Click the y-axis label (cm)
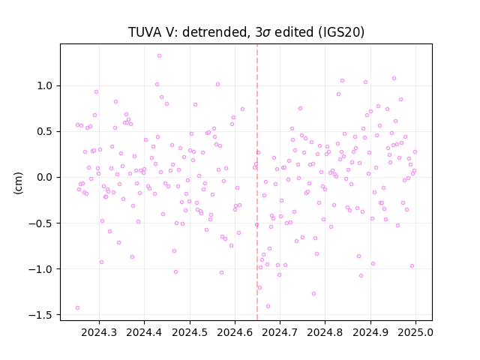(x=18, y=183)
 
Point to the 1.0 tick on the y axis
(x=45, y=85)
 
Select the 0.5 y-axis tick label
(x=45, y=132)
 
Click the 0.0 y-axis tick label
(x=45, y=177)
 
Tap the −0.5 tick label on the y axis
(x=40, y=223)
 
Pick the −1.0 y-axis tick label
(x=40, y=269)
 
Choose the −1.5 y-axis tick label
(x=40, y=315)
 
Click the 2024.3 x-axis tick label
(x=99, y=332)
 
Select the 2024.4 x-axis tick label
(x=144, y=332)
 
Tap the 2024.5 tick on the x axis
(x=190, y=332)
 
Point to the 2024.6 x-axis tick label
(x=235, y=332)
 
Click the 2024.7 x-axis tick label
(x=280, y=332)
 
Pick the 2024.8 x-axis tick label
(x=325, y=332)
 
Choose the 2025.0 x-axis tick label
(x=415, y=332)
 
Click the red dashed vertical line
(x=257, y=182)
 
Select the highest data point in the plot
(x=159, y=56)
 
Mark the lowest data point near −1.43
(x=77, y=308)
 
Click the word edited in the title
(x=294, y=32)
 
